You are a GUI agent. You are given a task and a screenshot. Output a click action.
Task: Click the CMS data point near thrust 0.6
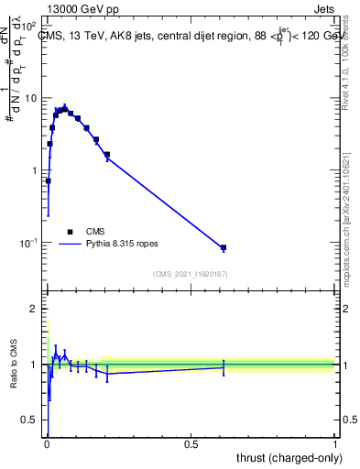coord(224,248)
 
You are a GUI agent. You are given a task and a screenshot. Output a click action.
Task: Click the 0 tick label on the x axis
coord(46,444)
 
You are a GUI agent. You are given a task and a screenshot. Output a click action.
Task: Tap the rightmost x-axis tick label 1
coord(335,444)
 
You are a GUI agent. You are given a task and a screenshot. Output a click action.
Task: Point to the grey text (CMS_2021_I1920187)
coord(190,274)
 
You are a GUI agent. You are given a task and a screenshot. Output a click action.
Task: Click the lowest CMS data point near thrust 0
coord(48,181)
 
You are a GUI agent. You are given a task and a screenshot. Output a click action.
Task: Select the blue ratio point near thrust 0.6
coord(224,367)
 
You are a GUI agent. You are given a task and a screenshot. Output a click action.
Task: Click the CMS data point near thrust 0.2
coord(107,155)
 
